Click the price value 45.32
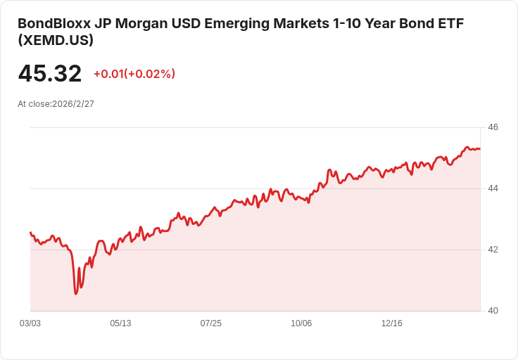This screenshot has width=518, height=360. (x=49, y=74)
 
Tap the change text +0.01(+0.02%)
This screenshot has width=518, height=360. (x=134, y=74)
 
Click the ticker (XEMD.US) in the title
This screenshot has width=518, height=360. (x=56, y=41)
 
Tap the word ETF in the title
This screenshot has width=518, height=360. (x=449, y=23)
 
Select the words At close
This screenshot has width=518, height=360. (x=34, y=103)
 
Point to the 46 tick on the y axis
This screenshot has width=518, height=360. (x=493, y=127)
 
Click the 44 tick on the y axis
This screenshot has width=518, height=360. (x=493, y=188)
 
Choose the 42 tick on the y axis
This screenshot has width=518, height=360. (x=493, y=250)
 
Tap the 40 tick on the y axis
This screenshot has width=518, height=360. (x=493, y=311)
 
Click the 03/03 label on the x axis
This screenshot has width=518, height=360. (x=30, y=323)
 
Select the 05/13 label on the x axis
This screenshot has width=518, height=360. (x=120, y=323)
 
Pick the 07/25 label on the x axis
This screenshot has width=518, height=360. (x=210, y=323)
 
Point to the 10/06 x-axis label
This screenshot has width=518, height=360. (x=301, y=323)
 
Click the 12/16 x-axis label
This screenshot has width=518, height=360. (x=391, y=323)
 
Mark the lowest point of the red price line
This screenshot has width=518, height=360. (x=75, y=293)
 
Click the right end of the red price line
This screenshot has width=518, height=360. (x=480, y=148)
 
